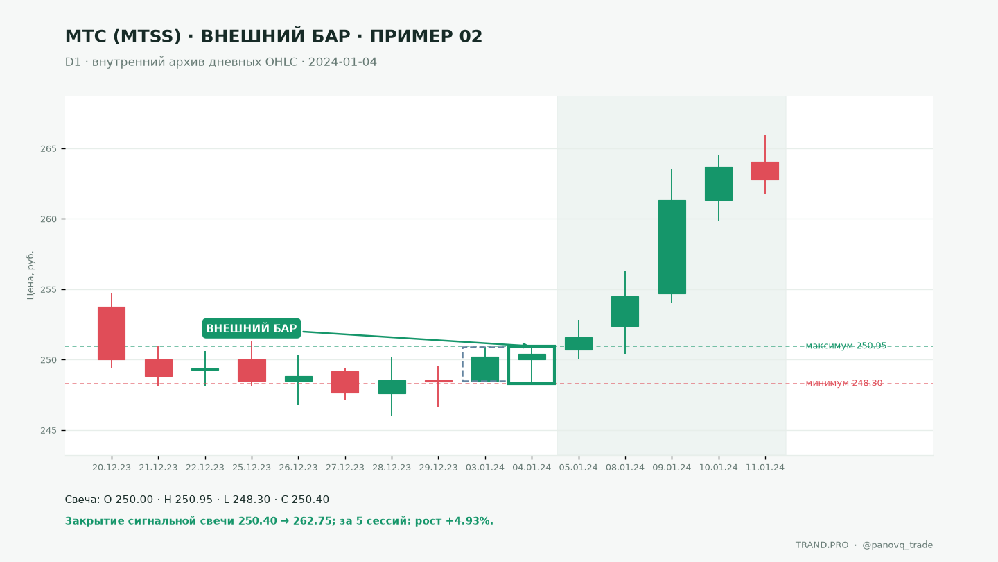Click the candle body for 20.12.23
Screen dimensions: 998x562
coord(112,333)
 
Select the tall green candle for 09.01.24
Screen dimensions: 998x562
coord(672,247)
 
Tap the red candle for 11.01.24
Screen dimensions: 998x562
coord(765,171)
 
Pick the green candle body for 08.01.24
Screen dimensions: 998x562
coord(625,312)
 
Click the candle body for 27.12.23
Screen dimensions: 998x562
coord(345,382)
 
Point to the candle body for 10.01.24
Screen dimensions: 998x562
coord(719,183)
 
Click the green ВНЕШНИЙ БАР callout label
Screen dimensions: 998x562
coord(252,328)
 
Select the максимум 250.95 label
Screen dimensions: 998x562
coord(846,346)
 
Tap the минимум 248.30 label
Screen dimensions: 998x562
coord(844,383)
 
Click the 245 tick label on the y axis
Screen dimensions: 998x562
coord(49,430)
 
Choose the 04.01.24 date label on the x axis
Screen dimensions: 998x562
coord(532,468)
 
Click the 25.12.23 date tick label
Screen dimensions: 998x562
coord(252,468)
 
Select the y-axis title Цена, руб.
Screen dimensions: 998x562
coord(30,275)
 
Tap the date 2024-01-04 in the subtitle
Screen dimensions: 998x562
coord(342,62)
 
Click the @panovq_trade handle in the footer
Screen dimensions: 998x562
coord(898,545)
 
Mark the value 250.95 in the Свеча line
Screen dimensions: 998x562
coord(188,500)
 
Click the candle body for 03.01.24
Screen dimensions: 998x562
coord(485,369)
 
